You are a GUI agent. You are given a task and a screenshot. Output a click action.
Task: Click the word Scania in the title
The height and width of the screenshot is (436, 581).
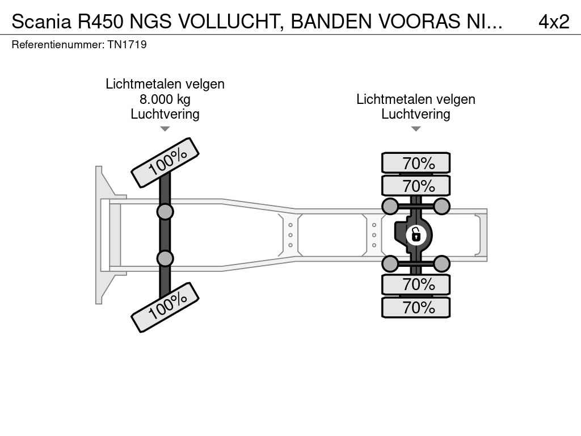coord(41,22)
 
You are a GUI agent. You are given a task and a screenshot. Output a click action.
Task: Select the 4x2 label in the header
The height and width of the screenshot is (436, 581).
coord(554,22)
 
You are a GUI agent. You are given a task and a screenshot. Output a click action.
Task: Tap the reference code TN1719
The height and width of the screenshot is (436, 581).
coord(127,44)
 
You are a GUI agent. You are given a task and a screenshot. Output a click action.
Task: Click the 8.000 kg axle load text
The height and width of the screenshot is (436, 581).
coord(165,99)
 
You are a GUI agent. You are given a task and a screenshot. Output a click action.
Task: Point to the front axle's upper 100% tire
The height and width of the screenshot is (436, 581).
coord(165,162)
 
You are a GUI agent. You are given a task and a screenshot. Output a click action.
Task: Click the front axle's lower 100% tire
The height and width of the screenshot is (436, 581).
coord(165,307)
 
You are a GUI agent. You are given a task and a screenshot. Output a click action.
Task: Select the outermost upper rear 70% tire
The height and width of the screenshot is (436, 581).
coord(416,163)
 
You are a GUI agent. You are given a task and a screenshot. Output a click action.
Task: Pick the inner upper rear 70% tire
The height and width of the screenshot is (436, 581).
coord(416,186)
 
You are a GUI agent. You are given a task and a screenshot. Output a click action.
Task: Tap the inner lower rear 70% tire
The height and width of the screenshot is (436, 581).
coord(416,284)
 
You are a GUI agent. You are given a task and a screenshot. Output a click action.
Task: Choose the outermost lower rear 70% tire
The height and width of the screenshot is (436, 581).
coord(416,307)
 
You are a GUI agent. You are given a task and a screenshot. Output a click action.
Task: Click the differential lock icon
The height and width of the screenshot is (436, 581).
coord(416,235)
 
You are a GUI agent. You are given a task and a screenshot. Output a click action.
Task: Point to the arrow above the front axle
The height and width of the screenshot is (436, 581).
coord(165,129)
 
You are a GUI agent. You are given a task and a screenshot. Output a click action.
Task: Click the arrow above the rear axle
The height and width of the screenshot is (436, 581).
coord(416,129)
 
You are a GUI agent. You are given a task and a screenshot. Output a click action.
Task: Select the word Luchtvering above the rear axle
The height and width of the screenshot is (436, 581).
coord(416,114)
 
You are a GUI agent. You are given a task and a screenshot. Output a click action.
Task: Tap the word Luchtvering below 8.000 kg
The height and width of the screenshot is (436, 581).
coord(165,114)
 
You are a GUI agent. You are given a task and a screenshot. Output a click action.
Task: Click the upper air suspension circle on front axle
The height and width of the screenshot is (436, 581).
coord(165,212)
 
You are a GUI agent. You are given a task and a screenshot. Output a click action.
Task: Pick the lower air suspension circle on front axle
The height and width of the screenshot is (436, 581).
coord(165,258)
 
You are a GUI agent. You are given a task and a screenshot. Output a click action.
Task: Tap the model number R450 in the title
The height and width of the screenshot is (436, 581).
coord(100,22)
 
